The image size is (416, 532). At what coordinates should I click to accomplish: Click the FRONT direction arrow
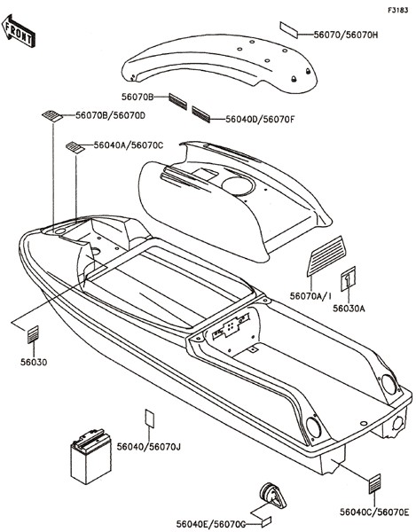coord(19,30)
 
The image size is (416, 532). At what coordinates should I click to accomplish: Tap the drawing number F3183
coord(397,10)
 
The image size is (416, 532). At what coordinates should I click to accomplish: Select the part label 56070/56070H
coord(345,35)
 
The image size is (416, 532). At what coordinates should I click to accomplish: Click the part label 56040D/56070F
coord(260,120)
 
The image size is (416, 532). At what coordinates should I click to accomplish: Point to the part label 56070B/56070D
coord(110,115)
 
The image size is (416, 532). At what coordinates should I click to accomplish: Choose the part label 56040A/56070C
coord(129,145)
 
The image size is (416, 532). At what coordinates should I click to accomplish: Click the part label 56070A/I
coord(310,296)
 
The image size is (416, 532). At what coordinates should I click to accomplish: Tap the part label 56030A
coord(349,309)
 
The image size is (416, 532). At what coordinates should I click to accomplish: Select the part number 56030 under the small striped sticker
coord(34,363)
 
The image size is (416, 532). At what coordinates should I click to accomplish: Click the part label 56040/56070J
coord(149,447)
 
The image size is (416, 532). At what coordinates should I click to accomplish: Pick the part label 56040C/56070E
coord(374,512)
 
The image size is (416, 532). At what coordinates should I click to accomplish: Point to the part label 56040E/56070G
coord(211,524)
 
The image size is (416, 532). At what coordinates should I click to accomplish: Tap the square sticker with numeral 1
coord(348,278)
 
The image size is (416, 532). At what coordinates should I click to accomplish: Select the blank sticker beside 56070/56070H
coord(289,30)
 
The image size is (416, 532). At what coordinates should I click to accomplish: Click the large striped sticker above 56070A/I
coord(326,256)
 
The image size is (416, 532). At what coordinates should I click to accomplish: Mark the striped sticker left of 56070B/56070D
coord(52,115)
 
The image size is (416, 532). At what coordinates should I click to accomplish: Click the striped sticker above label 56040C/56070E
coord(374,483)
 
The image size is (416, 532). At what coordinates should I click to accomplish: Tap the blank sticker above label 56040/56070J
coord(149,418)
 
